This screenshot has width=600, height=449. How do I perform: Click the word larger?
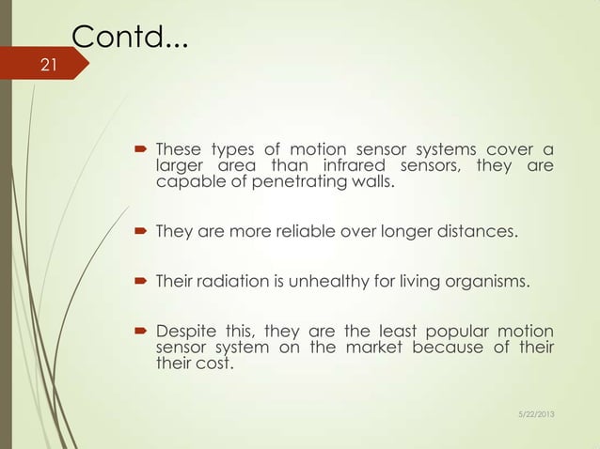(179, 168)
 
